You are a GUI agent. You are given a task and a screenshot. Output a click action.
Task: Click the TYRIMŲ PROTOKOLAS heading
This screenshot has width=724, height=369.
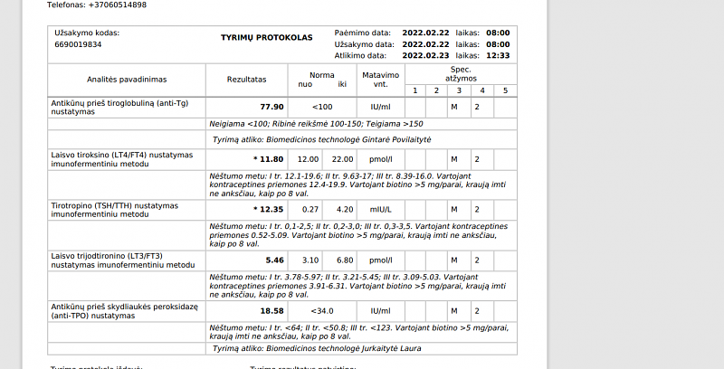click(266, 38)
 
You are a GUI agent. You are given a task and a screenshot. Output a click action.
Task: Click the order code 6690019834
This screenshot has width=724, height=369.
click(78, 43)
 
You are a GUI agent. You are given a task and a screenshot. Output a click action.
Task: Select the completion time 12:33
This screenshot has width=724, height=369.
click(497, 55)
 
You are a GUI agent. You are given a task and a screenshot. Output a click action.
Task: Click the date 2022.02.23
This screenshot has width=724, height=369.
click(425, 55)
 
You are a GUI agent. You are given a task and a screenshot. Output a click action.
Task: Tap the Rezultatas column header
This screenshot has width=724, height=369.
click(246, 79)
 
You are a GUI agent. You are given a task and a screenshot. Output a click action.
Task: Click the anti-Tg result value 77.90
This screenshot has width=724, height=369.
click(271, 107)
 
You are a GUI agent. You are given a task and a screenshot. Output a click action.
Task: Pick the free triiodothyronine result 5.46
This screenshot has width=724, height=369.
click(273, 260)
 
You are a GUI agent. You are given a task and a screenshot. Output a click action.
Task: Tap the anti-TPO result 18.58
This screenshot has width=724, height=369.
click(271, 311)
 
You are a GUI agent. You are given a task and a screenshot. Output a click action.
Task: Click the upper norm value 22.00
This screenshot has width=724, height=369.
click(342, 159)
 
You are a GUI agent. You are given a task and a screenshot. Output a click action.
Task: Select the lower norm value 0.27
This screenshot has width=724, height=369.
click(309, 210)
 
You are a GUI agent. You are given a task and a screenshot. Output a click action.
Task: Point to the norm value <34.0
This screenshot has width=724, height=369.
click(323, 311)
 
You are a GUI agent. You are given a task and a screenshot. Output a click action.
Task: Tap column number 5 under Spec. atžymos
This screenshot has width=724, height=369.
click(505, 90)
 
